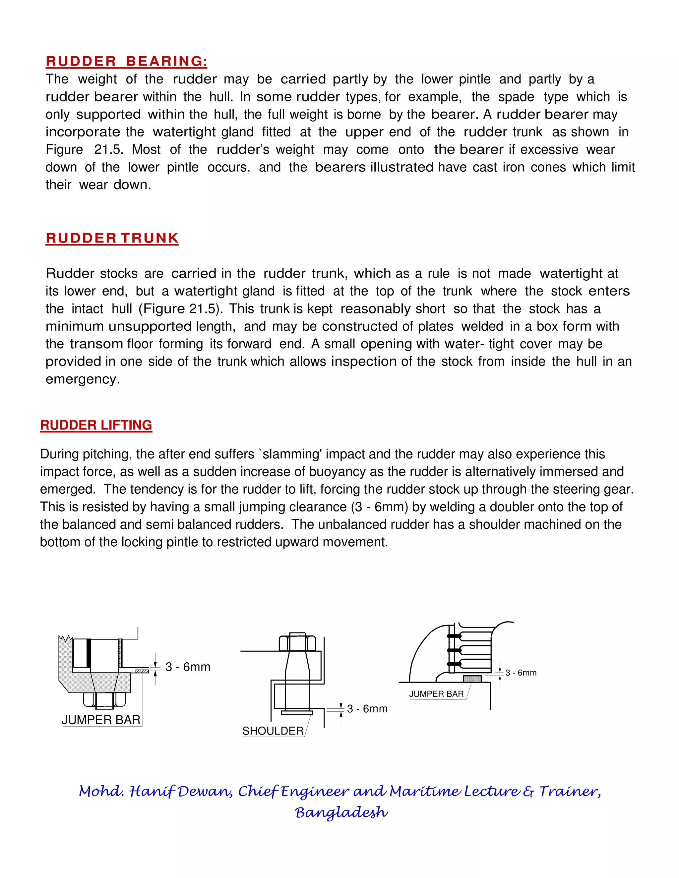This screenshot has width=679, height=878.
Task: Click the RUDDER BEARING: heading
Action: (127, 62)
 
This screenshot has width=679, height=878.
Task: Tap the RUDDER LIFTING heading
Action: (96, 425)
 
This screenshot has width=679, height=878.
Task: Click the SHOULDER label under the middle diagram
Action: (273, 731)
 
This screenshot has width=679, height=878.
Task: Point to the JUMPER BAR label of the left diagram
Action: (101, 720)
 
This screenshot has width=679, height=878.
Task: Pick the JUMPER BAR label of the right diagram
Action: (436, 694)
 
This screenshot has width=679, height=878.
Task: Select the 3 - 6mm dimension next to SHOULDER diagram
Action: (367, 709)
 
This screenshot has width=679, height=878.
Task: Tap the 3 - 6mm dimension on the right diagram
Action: (521, 673)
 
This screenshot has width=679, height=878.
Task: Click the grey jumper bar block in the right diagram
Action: (472, 679)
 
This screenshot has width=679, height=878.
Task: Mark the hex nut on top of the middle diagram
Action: (297, 642)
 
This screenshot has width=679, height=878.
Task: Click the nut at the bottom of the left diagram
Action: (104, 700)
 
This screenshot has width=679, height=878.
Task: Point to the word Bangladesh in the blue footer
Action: (341, 812)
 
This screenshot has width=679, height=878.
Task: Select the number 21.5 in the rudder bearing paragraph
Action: (108, 149)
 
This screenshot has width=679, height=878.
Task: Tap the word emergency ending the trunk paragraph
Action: (83, 379)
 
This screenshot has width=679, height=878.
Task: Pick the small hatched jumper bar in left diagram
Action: (142, 671)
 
